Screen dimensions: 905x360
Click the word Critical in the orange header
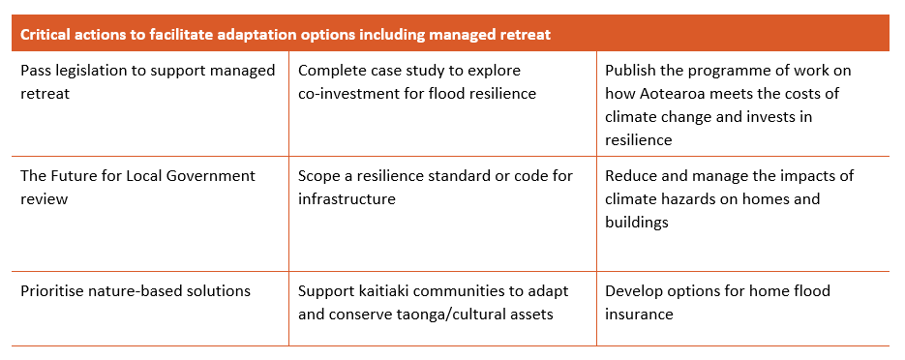43,35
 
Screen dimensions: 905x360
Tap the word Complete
329,71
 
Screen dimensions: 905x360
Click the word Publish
628,71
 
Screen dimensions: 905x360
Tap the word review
45,199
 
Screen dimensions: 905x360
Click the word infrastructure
347,199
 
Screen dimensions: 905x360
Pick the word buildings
637,223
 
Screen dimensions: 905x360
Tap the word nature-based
134,290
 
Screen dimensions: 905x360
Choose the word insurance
639,314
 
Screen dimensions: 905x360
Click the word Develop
631,290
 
